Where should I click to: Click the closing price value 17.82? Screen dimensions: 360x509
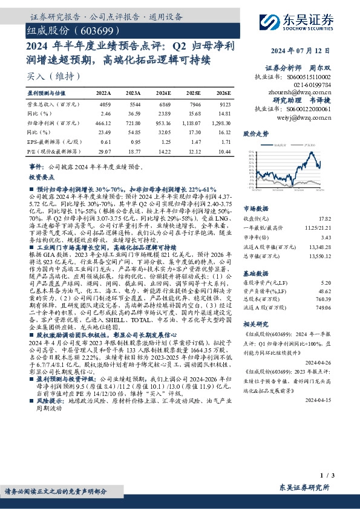point(324,218)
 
